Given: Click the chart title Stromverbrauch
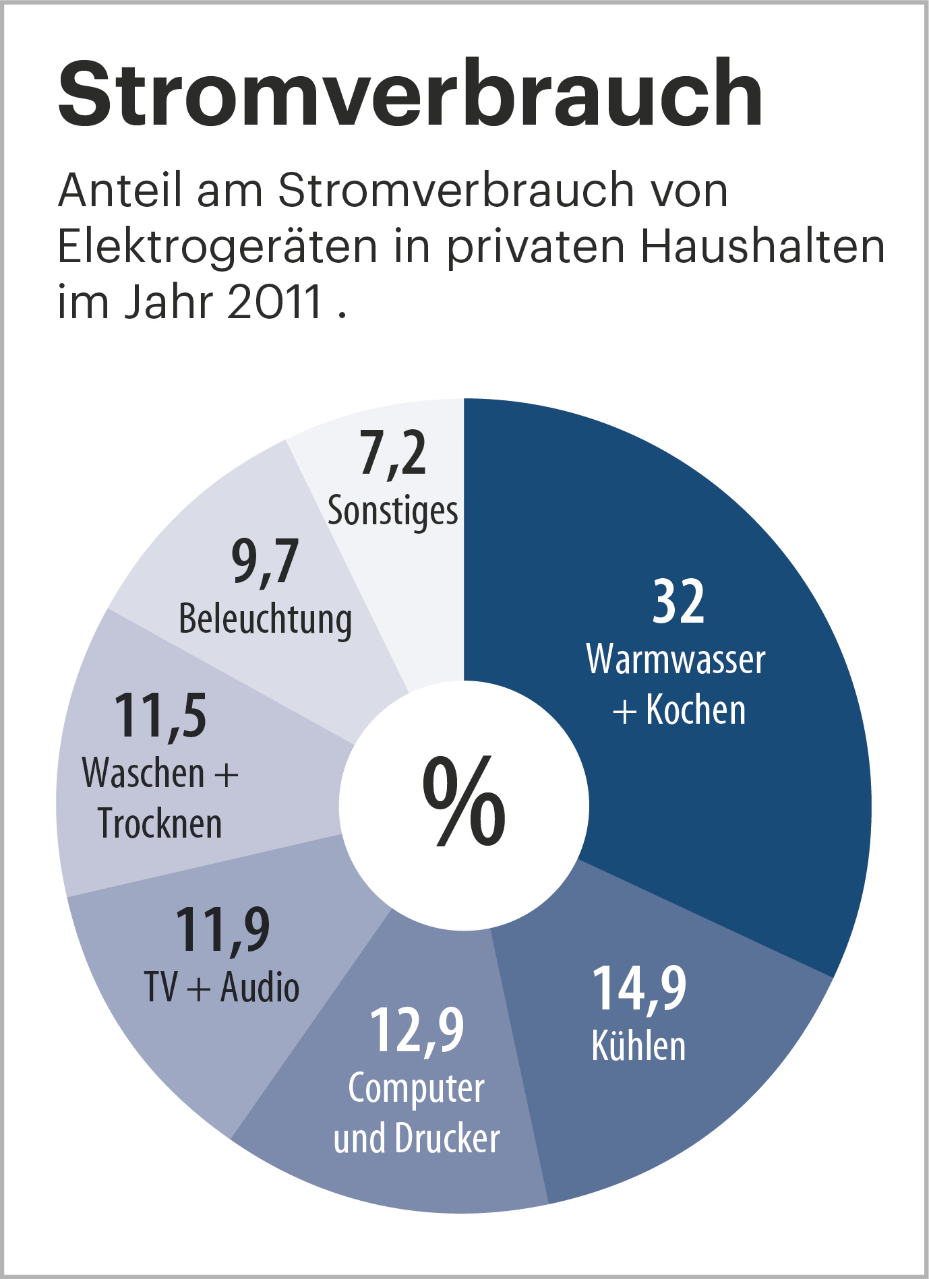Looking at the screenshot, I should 410,94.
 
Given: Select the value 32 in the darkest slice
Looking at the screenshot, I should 678,601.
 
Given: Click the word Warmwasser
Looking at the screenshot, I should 676,659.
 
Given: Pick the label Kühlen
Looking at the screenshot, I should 638,1046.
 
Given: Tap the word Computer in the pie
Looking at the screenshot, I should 416,1088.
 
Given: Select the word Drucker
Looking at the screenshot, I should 448,1139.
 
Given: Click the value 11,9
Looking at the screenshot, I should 222,930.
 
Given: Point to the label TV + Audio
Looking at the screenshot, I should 222,988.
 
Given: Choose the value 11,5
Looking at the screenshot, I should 160,716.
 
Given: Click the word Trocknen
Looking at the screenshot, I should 160,823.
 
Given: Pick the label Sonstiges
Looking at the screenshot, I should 392,511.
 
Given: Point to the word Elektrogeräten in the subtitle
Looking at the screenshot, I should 217,247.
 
